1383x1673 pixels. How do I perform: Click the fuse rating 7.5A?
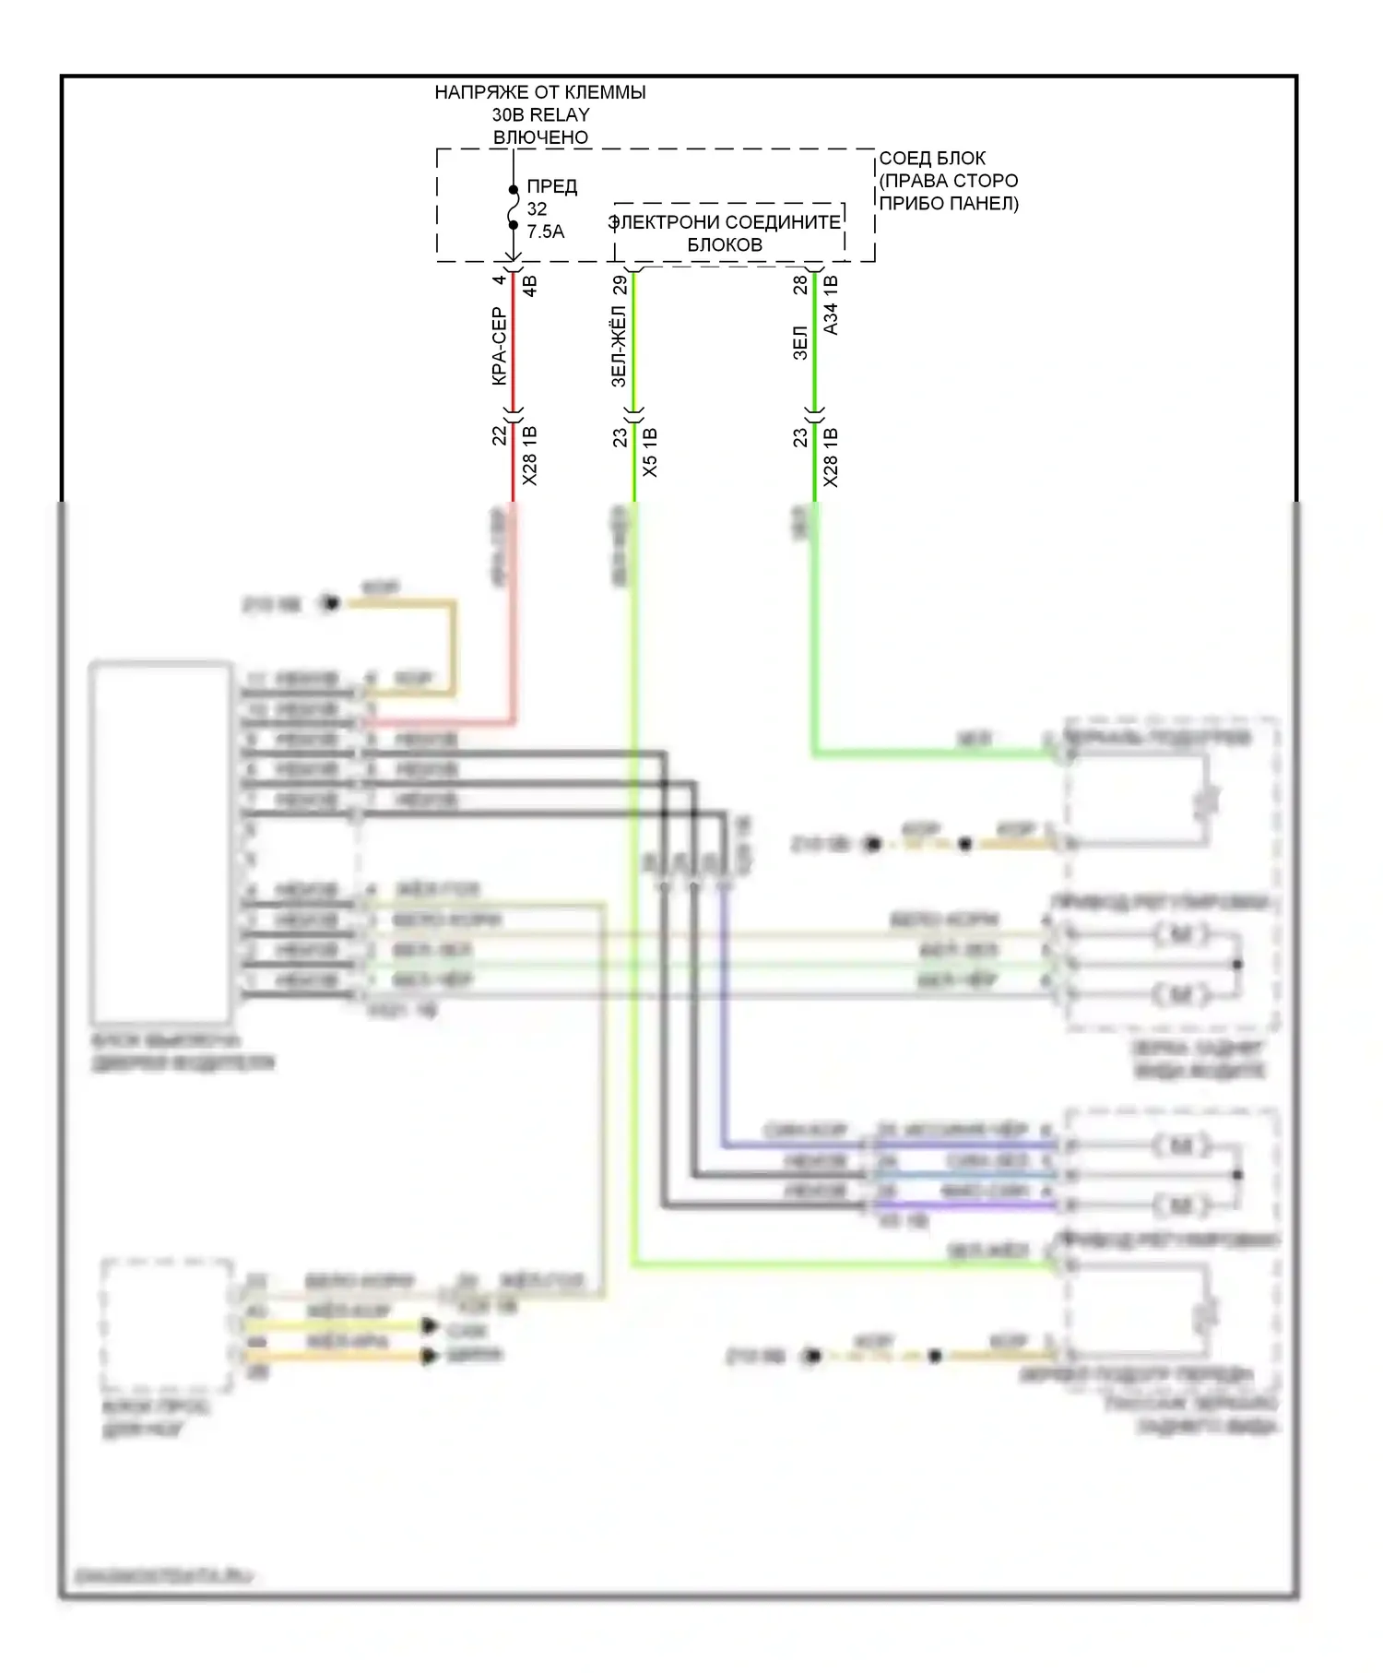tap(546, 231)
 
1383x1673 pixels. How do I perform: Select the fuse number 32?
tap(537, 209)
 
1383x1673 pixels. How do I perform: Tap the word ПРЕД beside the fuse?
tap(551, 187)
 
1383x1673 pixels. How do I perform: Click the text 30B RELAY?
tap(540, 115)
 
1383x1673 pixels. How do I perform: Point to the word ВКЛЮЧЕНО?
tap(540, 137)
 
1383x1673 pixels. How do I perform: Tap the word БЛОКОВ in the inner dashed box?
tap(725, 244)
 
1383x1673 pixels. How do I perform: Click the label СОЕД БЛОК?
tap(932, 159)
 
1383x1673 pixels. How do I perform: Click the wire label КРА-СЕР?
tap(498, 347)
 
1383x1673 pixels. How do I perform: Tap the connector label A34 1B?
tap(831, 305)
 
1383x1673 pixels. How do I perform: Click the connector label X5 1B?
tap(650, 452)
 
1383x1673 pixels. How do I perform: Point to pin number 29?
tap(620, 284)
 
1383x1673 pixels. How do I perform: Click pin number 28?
tap(800, 284)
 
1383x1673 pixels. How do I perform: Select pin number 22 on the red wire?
tap(499, 434)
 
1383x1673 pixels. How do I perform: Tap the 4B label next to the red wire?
tap(529, 285)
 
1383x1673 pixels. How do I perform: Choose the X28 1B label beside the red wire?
tap(529, 456)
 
